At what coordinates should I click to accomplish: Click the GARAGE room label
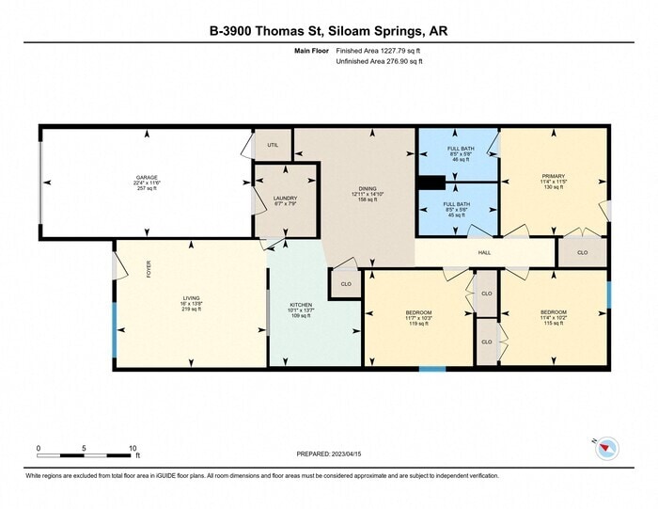146,177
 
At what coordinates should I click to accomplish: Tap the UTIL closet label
273,145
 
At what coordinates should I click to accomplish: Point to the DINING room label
367,187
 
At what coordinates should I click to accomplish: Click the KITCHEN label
300,305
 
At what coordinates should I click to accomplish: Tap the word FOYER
148,269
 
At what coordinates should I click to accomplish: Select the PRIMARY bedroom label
553,176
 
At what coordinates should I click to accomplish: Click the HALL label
484,252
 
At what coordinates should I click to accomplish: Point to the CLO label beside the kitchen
346,283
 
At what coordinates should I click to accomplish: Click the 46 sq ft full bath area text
460,161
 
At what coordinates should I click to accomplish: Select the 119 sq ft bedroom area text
418,324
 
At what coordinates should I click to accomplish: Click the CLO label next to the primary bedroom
582,252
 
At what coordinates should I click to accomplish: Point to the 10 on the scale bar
134,448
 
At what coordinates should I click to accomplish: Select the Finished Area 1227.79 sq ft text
380,52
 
